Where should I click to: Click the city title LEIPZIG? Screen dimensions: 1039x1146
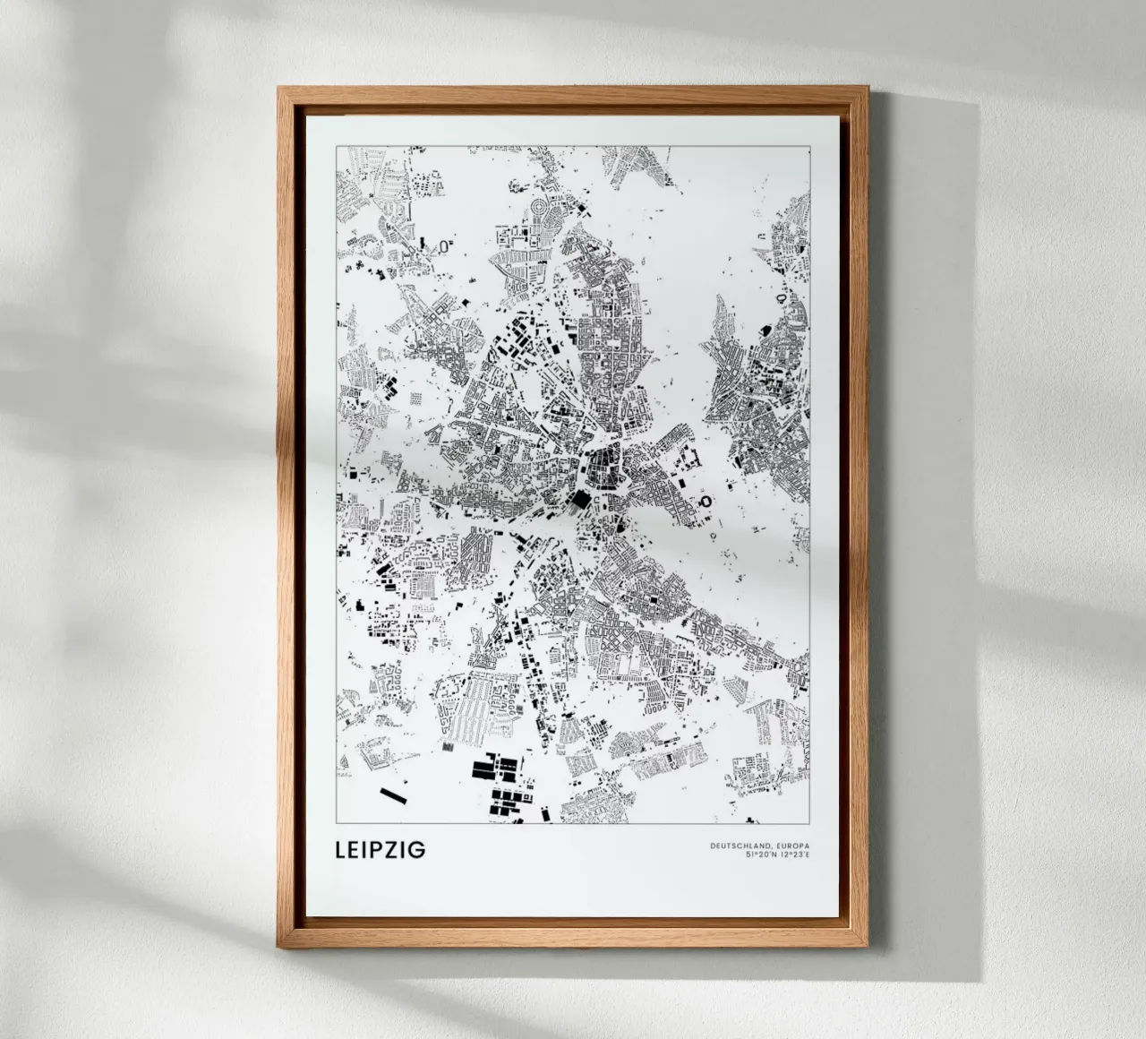[381, 849]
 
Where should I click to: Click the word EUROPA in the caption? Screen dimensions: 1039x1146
[792, 846]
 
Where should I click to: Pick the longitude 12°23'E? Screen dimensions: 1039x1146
[793, 855]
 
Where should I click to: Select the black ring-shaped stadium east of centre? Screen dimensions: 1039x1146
[704, 502]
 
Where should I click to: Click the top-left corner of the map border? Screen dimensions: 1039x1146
[336, 145]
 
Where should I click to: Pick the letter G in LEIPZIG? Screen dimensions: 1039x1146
[417, 849]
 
